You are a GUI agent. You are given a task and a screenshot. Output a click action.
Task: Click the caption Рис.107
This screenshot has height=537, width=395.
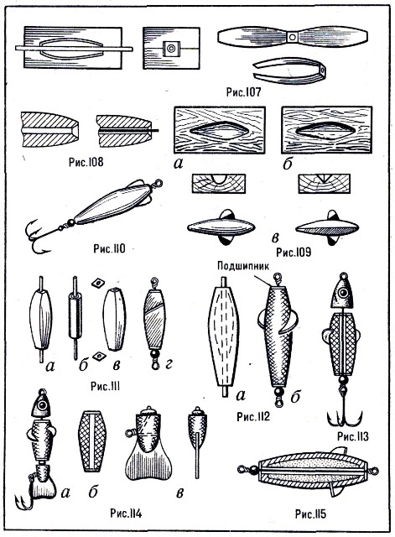click(x=243, y=91)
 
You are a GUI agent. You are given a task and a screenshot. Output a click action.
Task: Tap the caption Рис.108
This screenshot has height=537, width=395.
click(x=86, y=162)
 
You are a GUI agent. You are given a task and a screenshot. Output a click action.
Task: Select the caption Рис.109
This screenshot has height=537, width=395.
click(x=294, y=252)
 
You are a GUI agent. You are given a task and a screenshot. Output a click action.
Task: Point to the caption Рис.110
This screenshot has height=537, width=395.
click(x=109, y=248)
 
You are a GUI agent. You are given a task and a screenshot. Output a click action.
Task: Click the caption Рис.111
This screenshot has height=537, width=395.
click(x=105, y=386)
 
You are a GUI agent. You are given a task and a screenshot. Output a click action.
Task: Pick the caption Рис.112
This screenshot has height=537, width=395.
click(x=253, y=416)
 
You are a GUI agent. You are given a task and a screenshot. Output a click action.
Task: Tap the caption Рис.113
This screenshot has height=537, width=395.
click(x=353, y=436)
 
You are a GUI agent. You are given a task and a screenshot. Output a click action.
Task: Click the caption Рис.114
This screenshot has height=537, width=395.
click(x=126, y=514)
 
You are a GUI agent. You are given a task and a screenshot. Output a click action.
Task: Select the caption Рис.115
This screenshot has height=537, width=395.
click(x=310, y=514)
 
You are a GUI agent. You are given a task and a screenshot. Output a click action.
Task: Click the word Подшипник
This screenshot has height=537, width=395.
click(x=243, y=266)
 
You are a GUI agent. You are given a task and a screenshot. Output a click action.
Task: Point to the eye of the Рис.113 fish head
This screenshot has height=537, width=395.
click(x=343, y=293)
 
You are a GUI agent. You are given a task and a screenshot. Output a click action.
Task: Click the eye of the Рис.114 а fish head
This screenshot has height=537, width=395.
click(x=43, y=405)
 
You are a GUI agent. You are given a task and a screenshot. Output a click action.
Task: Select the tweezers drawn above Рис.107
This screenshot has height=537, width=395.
click(x=289, y=70)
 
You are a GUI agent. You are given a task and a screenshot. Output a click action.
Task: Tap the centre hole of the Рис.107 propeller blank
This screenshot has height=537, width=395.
click(x=292, y=37)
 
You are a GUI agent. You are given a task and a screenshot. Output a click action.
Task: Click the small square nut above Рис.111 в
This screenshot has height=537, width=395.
click(x=98, y=283)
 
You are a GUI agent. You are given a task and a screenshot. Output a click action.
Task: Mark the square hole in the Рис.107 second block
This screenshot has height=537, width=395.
click(x=171, y=49)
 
